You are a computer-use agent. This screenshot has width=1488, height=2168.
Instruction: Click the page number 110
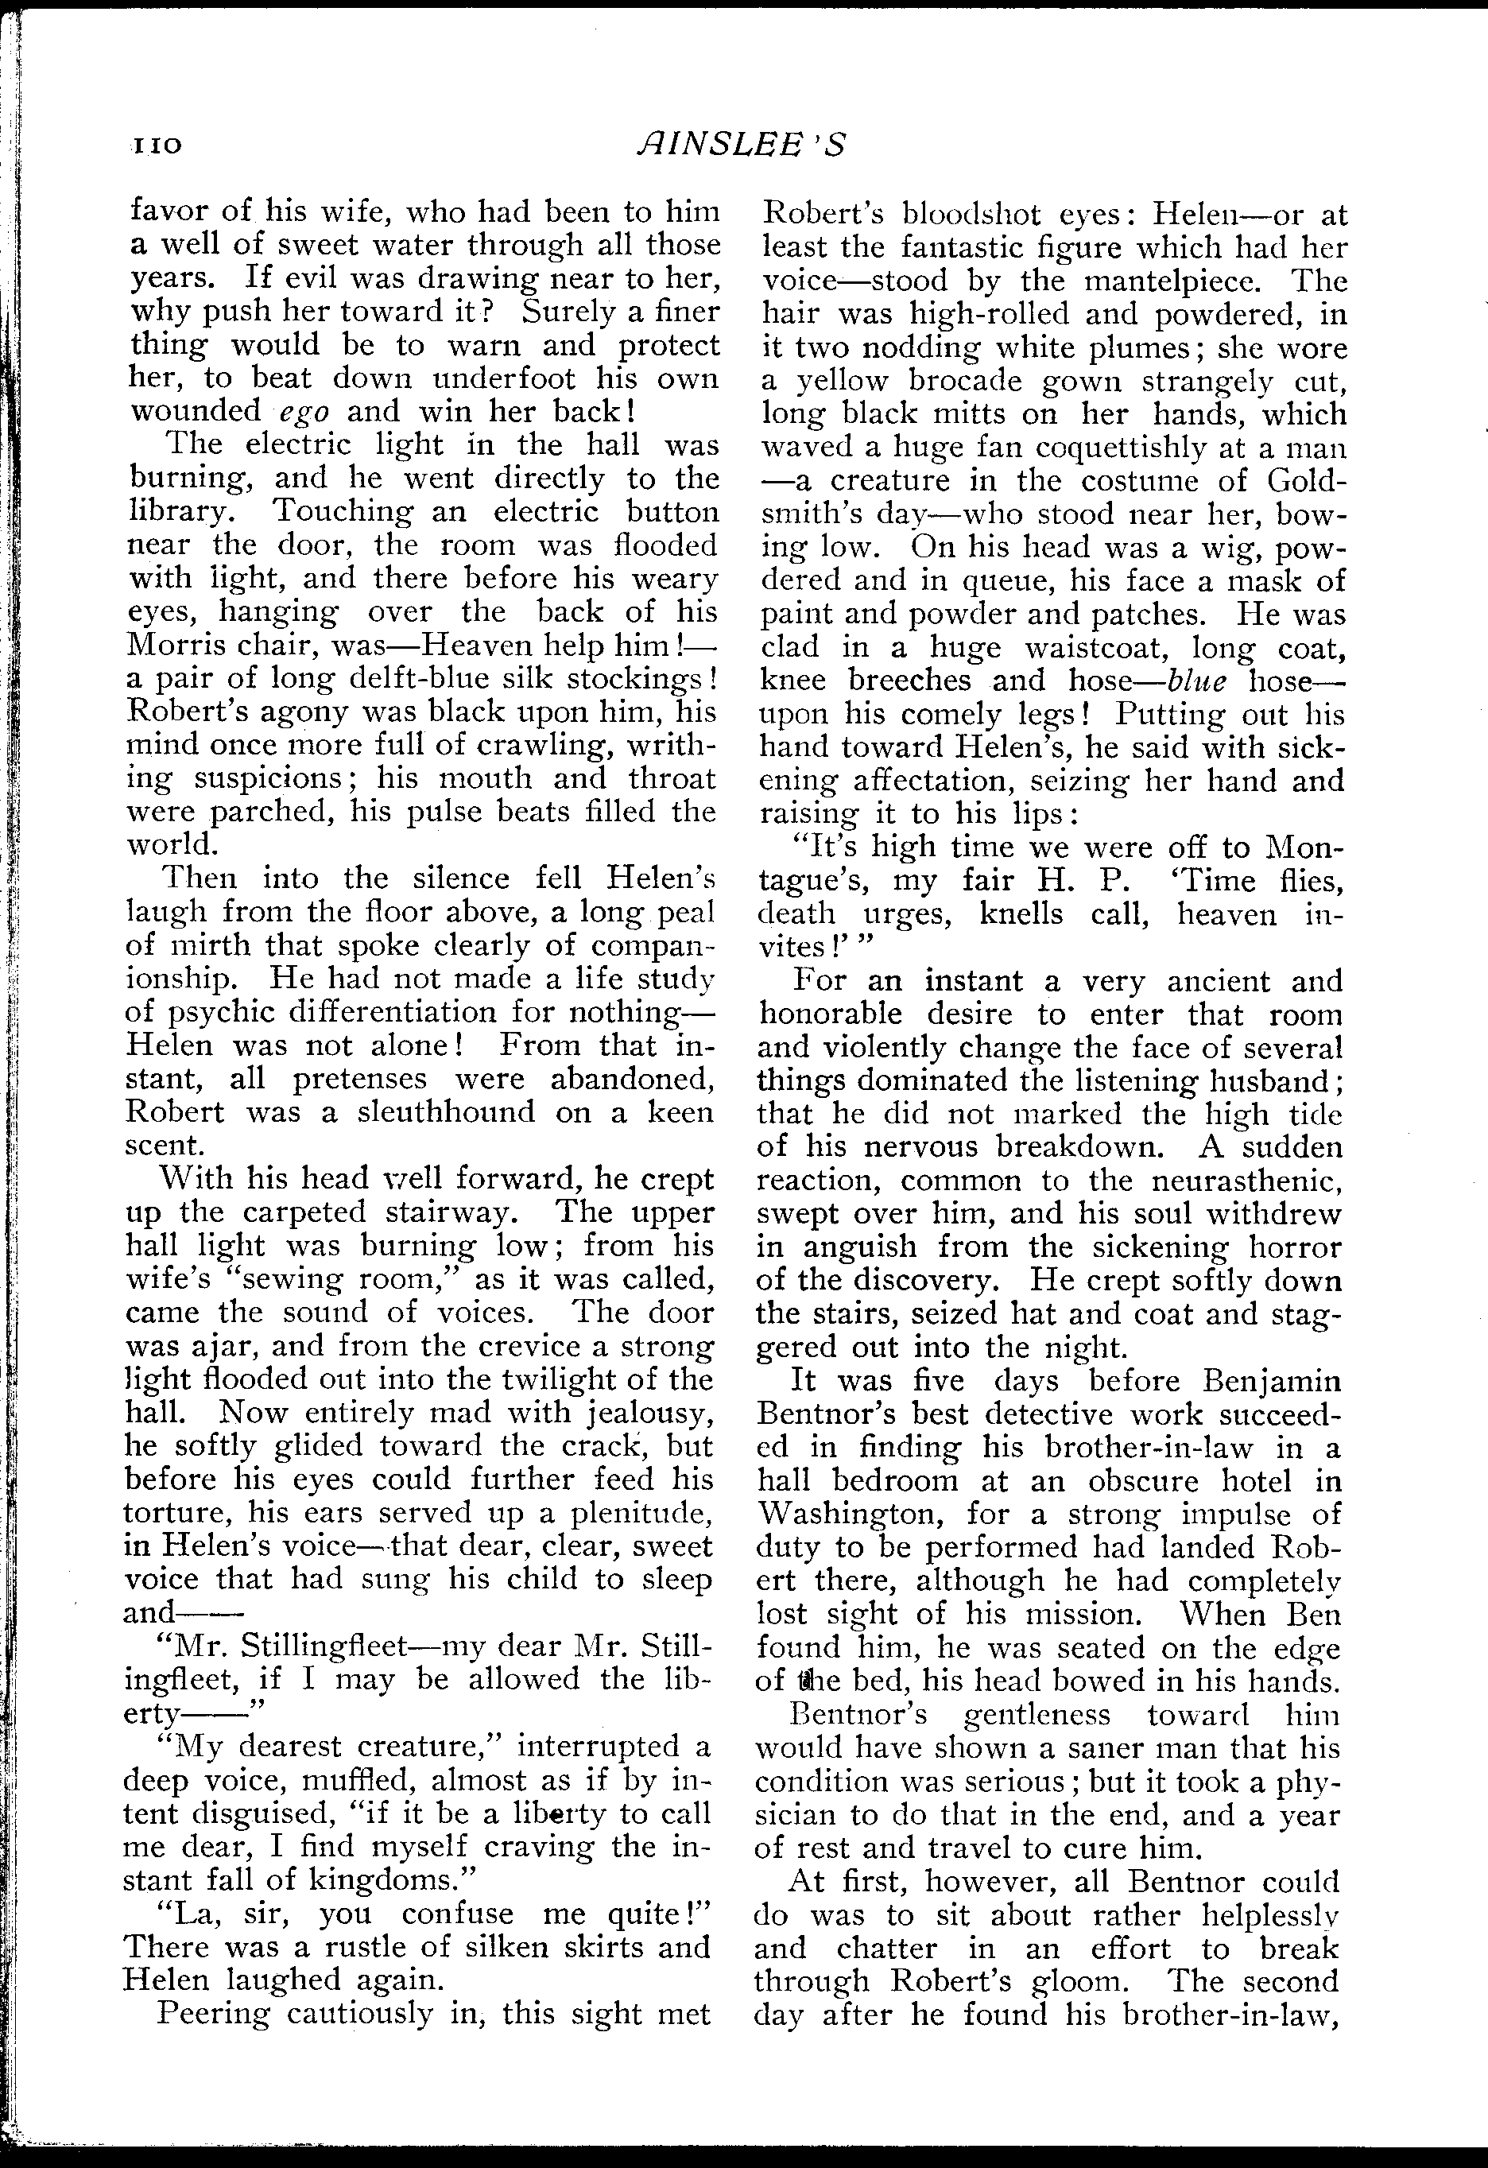click(x=155, y=146)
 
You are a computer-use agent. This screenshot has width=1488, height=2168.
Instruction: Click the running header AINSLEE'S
click(x=742, y=145)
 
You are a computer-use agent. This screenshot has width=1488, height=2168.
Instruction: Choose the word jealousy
click(x=649, y=1413)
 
